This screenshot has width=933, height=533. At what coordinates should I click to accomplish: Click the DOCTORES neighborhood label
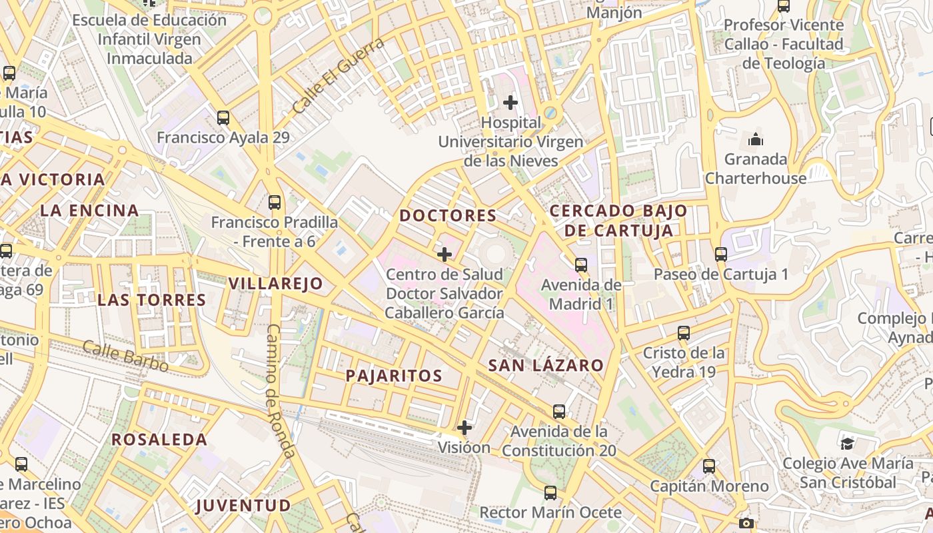pyautogui.click(x=448, y=215)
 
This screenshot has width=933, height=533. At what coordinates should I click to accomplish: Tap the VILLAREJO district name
pyautogui.click(x=275, y=283)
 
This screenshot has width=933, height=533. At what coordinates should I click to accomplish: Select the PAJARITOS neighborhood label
pyautogui.click(x=394, y=375)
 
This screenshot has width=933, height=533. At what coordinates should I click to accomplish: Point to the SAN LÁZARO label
pyautogui.click(x=546, y=365)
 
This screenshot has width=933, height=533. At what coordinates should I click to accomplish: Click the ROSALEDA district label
pyautogui.click(x=159, y=439)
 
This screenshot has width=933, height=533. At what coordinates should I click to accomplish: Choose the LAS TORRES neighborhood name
pyautogui.click(x=152, y=300)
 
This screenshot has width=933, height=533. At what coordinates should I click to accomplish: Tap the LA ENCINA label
pyautogui.click(x=89, y=211)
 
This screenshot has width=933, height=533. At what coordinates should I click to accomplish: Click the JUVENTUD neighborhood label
pyautogui.click(x=243, y=505)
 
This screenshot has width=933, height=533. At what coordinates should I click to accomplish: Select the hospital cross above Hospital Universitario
pyautogui.click(x=510, y=103)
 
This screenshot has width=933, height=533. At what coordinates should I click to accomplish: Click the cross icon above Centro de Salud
pyautogui.click(x=445, y=254)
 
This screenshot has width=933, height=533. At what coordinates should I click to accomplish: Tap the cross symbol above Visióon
pyautogui.click(x=465, y=427)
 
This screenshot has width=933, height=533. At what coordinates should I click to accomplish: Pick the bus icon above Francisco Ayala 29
pyautogui.click(x=223, y=118)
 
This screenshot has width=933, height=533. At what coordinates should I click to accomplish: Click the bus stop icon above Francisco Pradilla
pyautogui.click(x=274, y=202)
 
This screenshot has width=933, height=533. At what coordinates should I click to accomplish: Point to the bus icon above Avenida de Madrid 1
pyautogui.click(x=581, y=265)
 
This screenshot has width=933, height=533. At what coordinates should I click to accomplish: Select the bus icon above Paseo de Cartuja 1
pyautogui.click(x=720, y=254)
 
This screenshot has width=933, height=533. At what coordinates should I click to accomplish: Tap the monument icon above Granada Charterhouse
pyautogui.click(x=756, y=140)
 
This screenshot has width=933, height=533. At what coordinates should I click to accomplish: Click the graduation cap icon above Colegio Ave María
pyautogui.click(x=847, y=443)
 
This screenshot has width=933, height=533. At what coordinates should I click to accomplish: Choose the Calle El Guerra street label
pyautogui.click(x=339, y=75)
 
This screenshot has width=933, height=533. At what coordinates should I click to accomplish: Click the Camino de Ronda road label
pyautogui.click(x=281, y=391)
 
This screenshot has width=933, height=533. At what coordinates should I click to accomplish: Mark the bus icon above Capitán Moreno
pyautogui.click(x=709, y=466)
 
